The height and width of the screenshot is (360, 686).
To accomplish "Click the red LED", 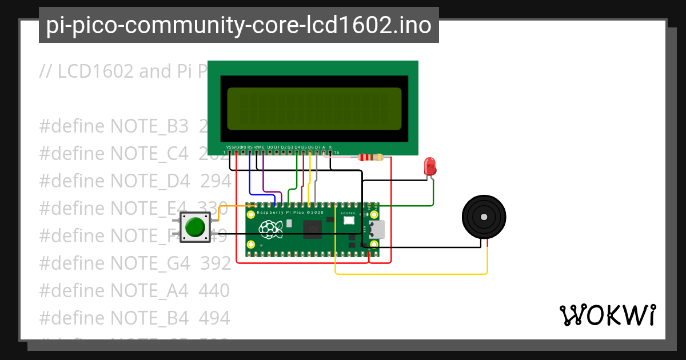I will click(x=430, y=167).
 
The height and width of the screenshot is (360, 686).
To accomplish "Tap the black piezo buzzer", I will click(x=484, y=217).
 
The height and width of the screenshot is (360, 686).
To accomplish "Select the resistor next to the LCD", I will click(x=370, y=158).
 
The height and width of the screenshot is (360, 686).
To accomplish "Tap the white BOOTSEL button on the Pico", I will click(x=348, y=219).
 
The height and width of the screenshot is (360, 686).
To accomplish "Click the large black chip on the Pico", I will click(x=313, y=229).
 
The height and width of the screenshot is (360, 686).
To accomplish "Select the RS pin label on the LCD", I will click(x=250, y=147).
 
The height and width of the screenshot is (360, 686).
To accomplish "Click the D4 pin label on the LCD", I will click(x=297, y=147).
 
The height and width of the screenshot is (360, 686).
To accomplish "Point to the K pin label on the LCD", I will click(x=330, y=147).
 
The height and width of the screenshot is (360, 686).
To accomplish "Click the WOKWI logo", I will click(x=607, y=315).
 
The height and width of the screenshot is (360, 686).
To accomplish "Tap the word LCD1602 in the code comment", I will click(x=95, y=71).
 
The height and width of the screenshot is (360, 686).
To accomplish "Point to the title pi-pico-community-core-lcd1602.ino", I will click(x=238, y=25).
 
